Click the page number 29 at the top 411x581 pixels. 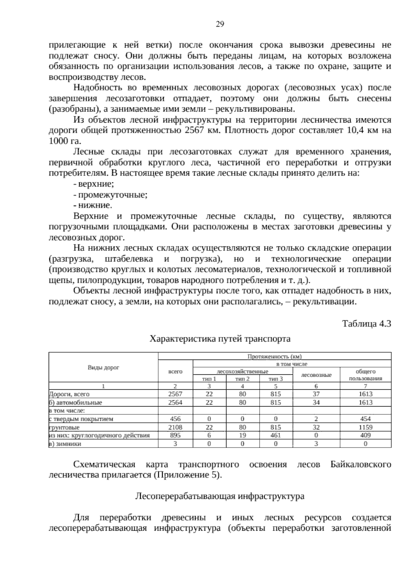(220, 24)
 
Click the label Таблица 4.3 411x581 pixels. (366, 324)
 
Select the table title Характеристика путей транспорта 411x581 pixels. (220, 339)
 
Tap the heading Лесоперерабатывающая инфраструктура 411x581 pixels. (220, 496)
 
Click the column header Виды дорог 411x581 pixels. (103, 367)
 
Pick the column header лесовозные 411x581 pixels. (316, 375)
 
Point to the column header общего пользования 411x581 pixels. (365, 375)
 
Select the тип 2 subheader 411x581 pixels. (242, 379)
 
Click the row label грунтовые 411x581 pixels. (65, 427)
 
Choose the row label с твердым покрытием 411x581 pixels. (81, 419)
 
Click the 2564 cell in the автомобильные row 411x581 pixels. (175, 402)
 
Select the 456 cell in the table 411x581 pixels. (175, 419)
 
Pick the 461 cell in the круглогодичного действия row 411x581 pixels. (276, 436)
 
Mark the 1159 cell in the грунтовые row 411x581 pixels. (365, 427)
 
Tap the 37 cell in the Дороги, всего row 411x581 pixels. (316, 394)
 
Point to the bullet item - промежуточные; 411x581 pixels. (110, 195)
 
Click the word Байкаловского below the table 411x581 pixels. (361, 465)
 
